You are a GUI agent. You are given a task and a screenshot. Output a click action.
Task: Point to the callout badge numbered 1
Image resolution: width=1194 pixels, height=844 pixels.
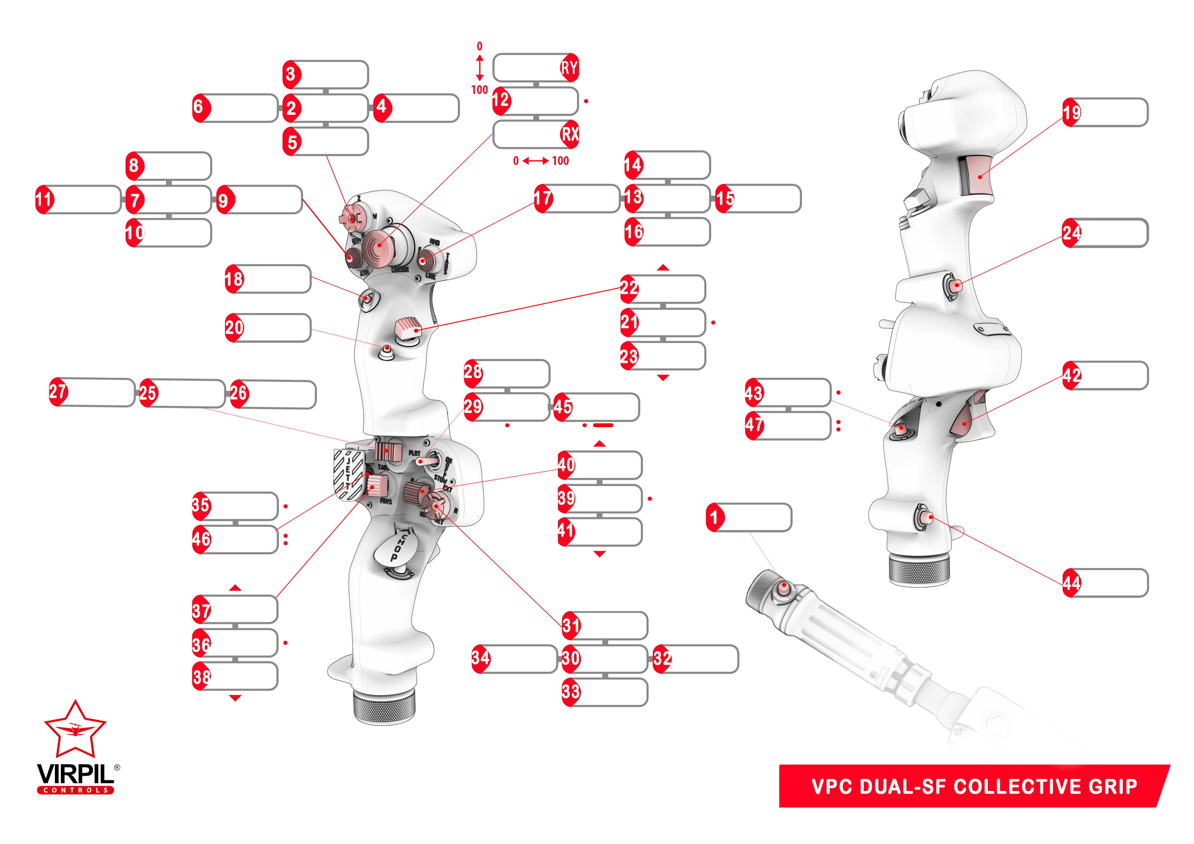point(715,518)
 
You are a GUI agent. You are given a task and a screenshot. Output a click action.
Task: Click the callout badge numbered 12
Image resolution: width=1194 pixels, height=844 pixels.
point(501,100)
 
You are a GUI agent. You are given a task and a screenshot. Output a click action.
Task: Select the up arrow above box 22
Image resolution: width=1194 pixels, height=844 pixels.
point(663,267)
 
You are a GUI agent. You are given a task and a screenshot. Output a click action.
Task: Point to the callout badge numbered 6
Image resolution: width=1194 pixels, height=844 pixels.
point(201,108)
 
